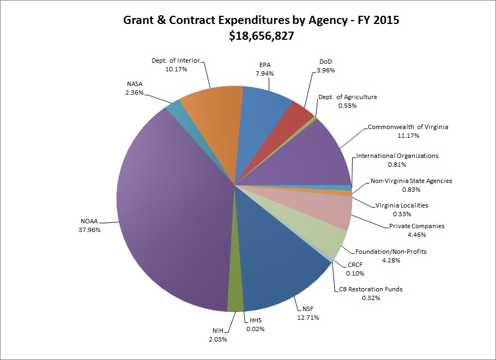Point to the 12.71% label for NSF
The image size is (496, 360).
305,317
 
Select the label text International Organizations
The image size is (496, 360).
397,156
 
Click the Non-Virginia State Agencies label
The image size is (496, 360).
412,181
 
